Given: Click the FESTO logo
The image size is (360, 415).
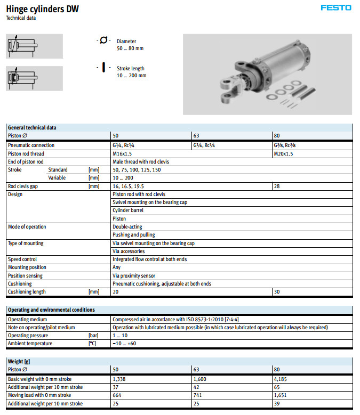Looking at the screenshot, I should pos(336,7).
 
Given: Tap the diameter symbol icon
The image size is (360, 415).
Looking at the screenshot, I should pos(103,40).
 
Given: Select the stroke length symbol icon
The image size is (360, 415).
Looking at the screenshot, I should pos(103,68).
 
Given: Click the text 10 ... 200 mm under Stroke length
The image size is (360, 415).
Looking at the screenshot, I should pos(131,76).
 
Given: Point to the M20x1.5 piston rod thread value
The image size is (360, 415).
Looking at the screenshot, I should pos(283,153).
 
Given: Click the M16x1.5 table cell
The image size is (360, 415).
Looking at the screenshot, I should pos(122,153).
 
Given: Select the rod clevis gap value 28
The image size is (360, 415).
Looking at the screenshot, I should pos(277,186).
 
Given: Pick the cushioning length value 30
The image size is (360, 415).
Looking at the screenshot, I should pos(277,292).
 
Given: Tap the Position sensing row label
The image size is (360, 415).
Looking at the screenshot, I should pos(25,276).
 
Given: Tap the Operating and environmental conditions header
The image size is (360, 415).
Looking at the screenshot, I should pos(51,310).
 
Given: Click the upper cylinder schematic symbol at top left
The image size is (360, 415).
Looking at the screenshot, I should pos(34,46).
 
